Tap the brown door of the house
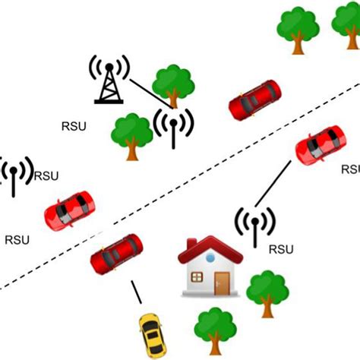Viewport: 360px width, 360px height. coord(221,283)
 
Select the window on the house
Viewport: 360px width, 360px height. coord(194,277)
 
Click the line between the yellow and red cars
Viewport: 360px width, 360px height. coord(136,292)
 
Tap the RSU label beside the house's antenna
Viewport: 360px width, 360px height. coord(281,249)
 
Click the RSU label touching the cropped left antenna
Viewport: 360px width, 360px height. coord(45,176)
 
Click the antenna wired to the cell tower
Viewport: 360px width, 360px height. coord(174,125)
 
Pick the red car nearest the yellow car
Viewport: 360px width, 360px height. coord(116,254)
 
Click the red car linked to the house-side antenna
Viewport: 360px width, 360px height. coord(320,144)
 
